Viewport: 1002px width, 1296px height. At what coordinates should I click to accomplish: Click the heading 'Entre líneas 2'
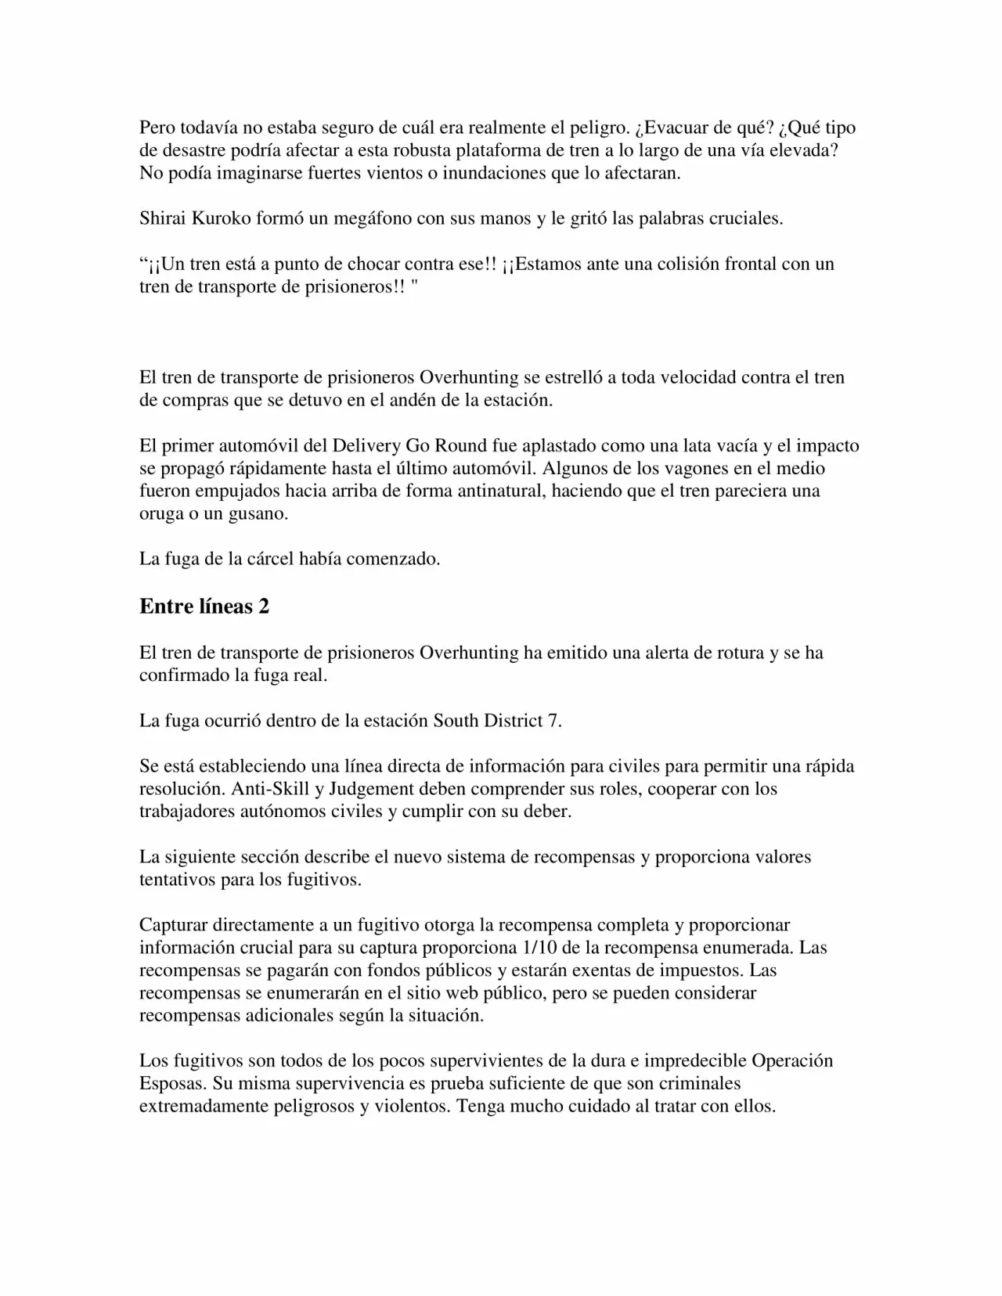pos(204,607)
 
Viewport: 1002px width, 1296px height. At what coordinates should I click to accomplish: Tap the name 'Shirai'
pos(162,218)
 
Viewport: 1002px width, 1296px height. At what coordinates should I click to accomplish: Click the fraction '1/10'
pos(538,948)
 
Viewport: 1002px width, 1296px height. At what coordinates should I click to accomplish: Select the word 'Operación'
pos(792,1061)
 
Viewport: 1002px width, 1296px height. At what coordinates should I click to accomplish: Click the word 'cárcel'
pos(271,560)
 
